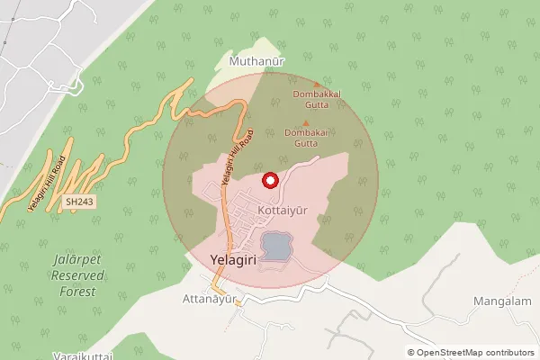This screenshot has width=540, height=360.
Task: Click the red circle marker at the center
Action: pos(268,181)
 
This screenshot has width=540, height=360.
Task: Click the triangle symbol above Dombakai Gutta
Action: pos(306,124)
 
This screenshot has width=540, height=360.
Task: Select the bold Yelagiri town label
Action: pos(233,259)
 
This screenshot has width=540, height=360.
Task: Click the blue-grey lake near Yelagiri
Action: pos(275,244)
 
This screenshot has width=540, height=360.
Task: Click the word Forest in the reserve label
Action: pos(75,291)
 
